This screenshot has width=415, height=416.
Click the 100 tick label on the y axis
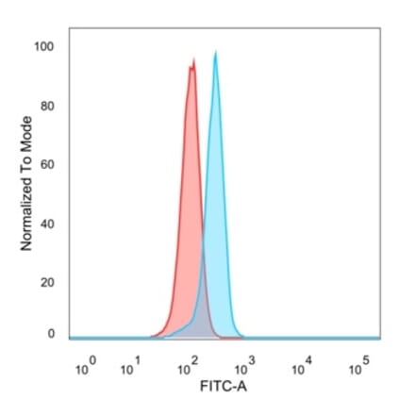pyautogui.click(x=46, y=46)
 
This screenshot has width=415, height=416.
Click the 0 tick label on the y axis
pyautogui.click(x=52, y=333)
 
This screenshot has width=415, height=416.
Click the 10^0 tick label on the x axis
pyautogui.click(x=82, y=369)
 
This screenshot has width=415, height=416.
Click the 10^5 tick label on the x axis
pyautogui.click(x=357, y=369)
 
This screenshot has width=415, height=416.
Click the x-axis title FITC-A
pyautogui.click(x=224, y=388)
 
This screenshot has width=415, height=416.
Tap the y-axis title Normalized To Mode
pyautogui.click(x=26, y=183)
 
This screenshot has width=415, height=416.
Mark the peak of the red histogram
pyautogui.click(x=192, y=62)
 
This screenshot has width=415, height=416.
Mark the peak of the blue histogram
pyautogui.click(x=216, y=53)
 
